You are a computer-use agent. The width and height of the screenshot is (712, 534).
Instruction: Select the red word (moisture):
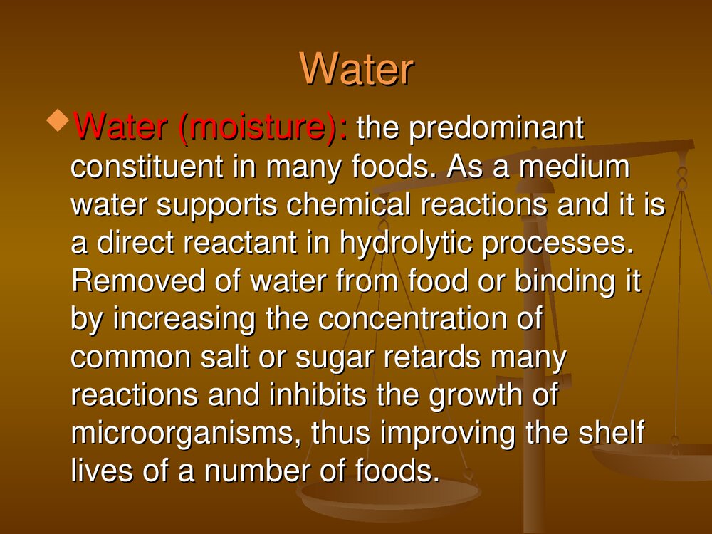pyautogui.click(x=263, y=128)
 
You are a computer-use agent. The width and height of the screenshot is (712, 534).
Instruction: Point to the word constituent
pyautogui.click(x=147, y=166)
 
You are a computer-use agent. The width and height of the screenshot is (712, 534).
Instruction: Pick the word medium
pyautogui.click(x=575, y=166)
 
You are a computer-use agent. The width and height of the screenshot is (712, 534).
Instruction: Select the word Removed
pyautogui.click(x=138, y=281)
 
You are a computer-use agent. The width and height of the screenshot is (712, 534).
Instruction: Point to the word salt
pyautogui.click(x=225, y=357)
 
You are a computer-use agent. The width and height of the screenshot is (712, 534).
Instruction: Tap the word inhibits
pyautogui.click(x=318, y=394)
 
